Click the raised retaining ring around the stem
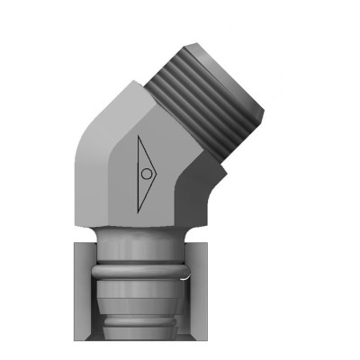[x=141, y=268]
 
